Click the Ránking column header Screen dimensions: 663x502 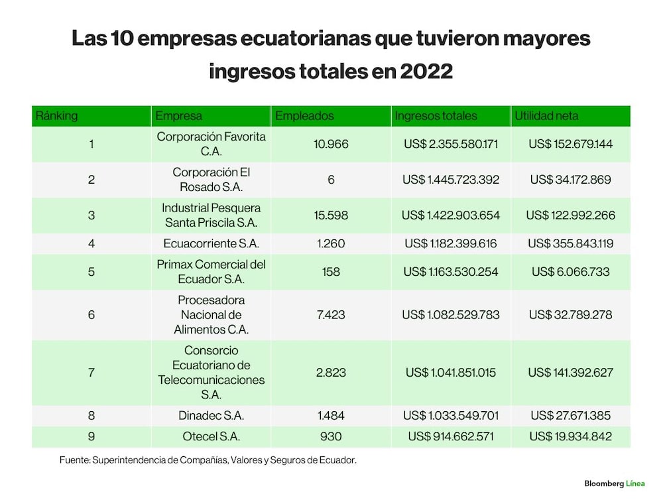point(56,115)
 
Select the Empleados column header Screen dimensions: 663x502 point(304,115)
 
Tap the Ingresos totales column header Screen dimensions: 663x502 point(436,115)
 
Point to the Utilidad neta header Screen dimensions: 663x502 point(546,115)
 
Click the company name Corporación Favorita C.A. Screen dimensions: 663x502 point(211,144)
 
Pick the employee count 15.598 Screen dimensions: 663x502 point(331,216)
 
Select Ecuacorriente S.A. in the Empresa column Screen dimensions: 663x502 point(211,243)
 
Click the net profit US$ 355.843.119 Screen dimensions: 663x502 point(570,243)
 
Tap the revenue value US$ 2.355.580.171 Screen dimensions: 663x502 point(451,144)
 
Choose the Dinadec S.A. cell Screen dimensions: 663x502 point(211,415)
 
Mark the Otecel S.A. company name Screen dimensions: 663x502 point(211,436)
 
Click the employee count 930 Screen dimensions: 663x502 point(331,436)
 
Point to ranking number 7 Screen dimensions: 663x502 point(91,373)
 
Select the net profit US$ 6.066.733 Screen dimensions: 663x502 point(570,271)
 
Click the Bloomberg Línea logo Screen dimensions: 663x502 point(615,483)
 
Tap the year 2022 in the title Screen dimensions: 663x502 point(426,71)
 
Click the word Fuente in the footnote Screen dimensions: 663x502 point(74,460)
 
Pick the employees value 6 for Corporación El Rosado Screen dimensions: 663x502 point(331,180)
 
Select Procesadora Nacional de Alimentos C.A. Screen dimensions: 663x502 point(211,314)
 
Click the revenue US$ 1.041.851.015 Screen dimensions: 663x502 point(451,373)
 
